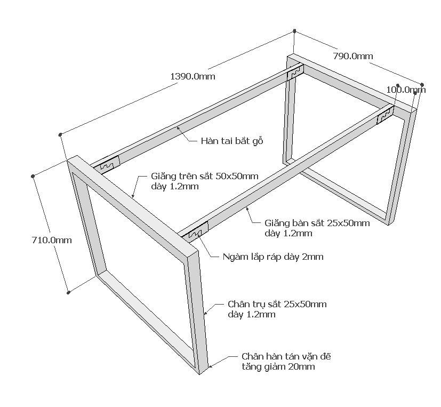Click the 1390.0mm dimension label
193,77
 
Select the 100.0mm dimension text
405,90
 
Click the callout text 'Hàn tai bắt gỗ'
232,141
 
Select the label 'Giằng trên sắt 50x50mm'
205,176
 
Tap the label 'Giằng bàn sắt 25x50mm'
317,223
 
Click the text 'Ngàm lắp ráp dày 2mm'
273,257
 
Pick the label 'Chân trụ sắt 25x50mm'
277,304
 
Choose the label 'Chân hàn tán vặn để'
289,356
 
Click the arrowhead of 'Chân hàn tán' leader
210,366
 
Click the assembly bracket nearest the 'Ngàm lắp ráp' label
195,231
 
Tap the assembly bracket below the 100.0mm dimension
385,115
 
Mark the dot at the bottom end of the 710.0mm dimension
68,292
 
